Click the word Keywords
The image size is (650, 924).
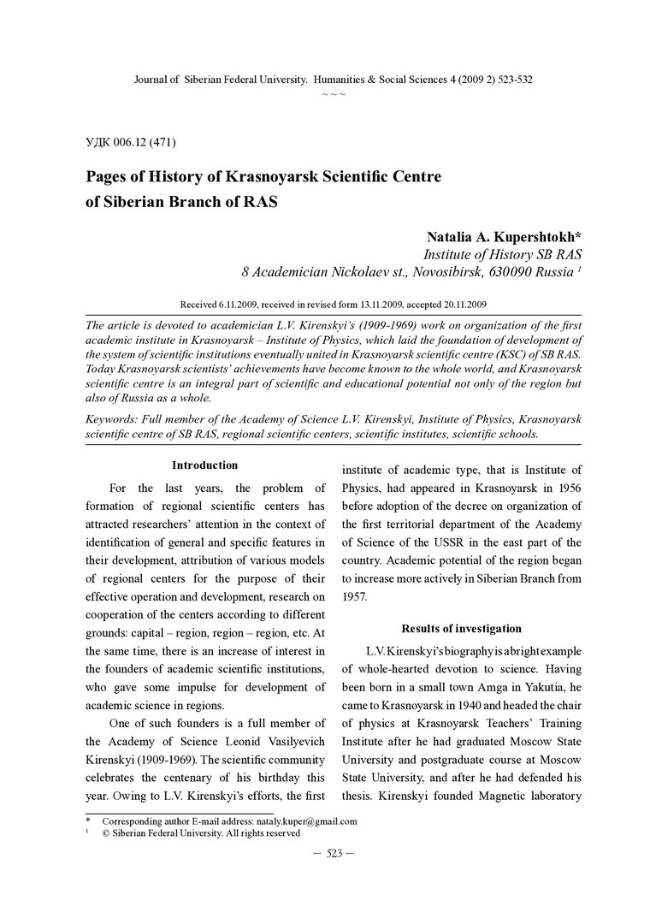tap(114, 419)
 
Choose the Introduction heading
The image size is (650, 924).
tap(205, 465)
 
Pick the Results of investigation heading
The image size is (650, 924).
tap(462, 629)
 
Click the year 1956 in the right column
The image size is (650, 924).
tap(564, 489)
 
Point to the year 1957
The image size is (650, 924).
tap(355, 596)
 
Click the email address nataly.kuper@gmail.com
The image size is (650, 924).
tap(306, 821)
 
